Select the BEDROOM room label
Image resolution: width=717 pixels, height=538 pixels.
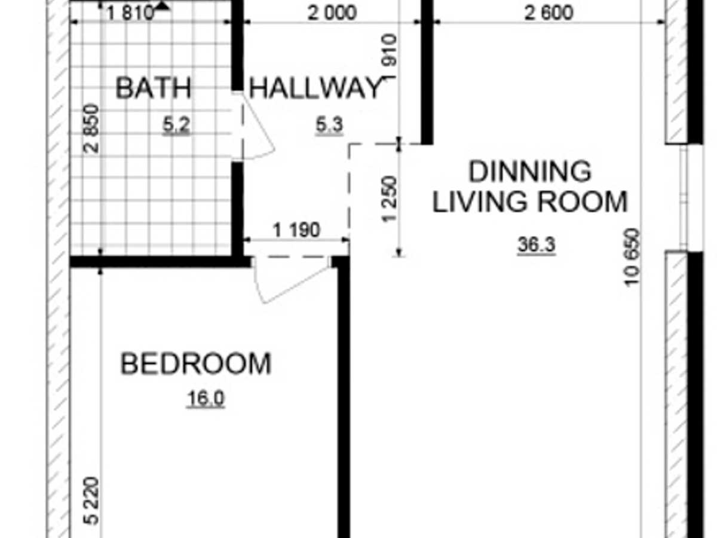pyautogui.click(x=196, y=363)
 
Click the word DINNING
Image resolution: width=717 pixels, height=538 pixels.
pyautogui.click(x=530, y=171)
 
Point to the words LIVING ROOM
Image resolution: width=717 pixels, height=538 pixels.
pyautogui.click(x=530, y=201)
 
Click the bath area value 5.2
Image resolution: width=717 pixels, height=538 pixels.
pyautogui.click(x=176, y=125)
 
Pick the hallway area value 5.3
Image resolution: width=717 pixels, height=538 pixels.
pyautogui.click(x=329, y=125)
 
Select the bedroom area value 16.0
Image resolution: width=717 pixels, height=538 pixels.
pyautogui.click(x=206, y=399)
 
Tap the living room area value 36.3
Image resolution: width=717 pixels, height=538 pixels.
pyautogui.click(x=537, y=244)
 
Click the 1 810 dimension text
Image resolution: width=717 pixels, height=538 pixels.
pyautogui.click(x=130, y=13)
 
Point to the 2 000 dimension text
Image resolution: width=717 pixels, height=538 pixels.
pyautogui.click(x=332, y=13)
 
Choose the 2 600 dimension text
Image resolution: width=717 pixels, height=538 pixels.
pyautogui.click(x=549, y=13)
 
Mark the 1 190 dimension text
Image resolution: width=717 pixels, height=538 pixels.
pyautogui.click(x=296, y=230)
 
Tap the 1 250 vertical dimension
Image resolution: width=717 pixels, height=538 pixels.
pyautogui.click(x=390, y=199)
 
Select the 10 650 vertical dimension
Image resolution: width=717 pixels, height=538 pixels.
pyautogui.click(x=632, y=258)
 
